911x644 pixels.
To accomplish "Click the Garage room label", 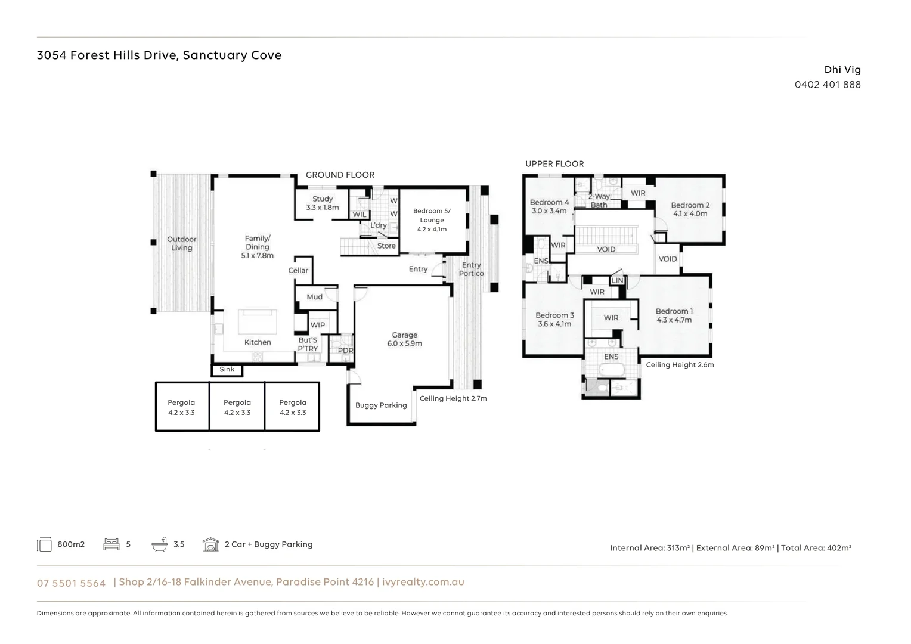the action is pos(404,339).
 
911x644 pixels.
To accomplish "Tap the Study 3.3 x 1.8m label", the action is pos(323,203).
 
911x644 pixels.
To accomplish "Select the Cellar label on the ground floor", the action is pos(298,270).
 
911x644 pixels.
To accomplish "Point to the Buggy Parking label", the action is pos(381,405).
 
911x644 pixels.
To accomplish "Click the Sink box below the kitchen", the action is pos(227,370).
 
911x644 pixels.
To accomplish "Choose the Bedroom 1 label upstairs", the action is pos(674,315).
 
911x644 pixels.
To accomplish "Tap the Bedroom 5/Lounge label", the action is pos(432,219).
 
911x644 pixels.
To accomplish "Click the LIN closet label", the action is pos(617,280).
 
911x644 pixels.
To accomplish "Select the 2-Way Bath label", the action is pos(599,200).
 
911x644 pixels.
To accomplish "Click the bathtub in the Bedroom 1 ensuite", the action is pos(612,370).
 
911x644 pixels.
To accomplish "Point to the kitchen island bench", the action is pos(258,321).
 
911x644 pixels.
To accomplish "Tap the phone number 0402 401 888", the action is pos(828,85).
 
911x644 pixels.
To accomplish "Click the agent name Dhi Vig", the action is pos(842,70).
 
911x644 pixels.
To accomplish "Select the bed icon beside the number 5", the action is pos(111,544).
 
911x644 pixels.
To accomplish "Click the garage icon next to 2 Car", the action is pos(210,544).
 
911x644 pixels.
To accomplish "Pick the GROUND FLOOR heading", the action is pos(340,175).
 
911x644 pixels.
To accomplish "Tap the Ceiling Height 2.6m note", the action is pos(680,365).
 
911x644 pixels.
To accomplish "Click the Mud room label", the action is pos(314,297).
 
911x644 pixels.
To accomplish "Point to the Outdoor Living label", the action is pos(181,243).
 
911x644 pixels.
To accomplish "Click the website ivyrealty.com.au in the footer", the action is pos(423,582).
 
